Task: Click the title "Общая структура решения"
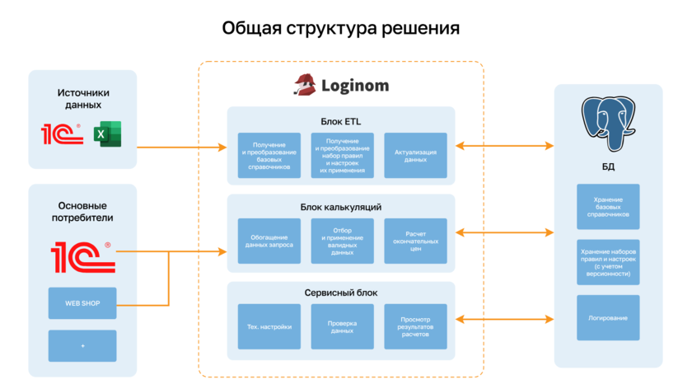click(340, 29)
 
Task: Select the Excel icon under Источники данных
click(107, 134)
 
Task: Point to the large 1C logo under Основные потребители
click(82, 256)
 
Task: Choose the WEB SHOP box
click(82, 303)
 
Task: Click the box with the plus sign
click(82, 345)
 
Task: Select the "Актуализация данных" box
click(416, 156)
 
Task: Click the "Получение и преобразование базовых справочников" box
click(269, 156)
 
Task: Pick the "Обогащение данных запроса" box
click(269, 241)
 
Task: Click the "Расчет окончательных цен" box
click(416, 241)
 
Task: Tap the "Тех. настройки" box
click(269, 326)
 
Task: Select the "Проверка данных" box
click(343, 326)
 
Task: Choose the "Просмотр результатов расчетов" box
click(416, 326)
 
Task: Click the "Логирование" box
click(608, 317)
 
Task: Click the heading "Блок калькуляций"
click(341, 207)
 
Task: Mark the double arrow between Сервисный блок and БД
click(505, 318)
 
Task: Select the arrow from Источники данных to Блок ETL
click(181, 148)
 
